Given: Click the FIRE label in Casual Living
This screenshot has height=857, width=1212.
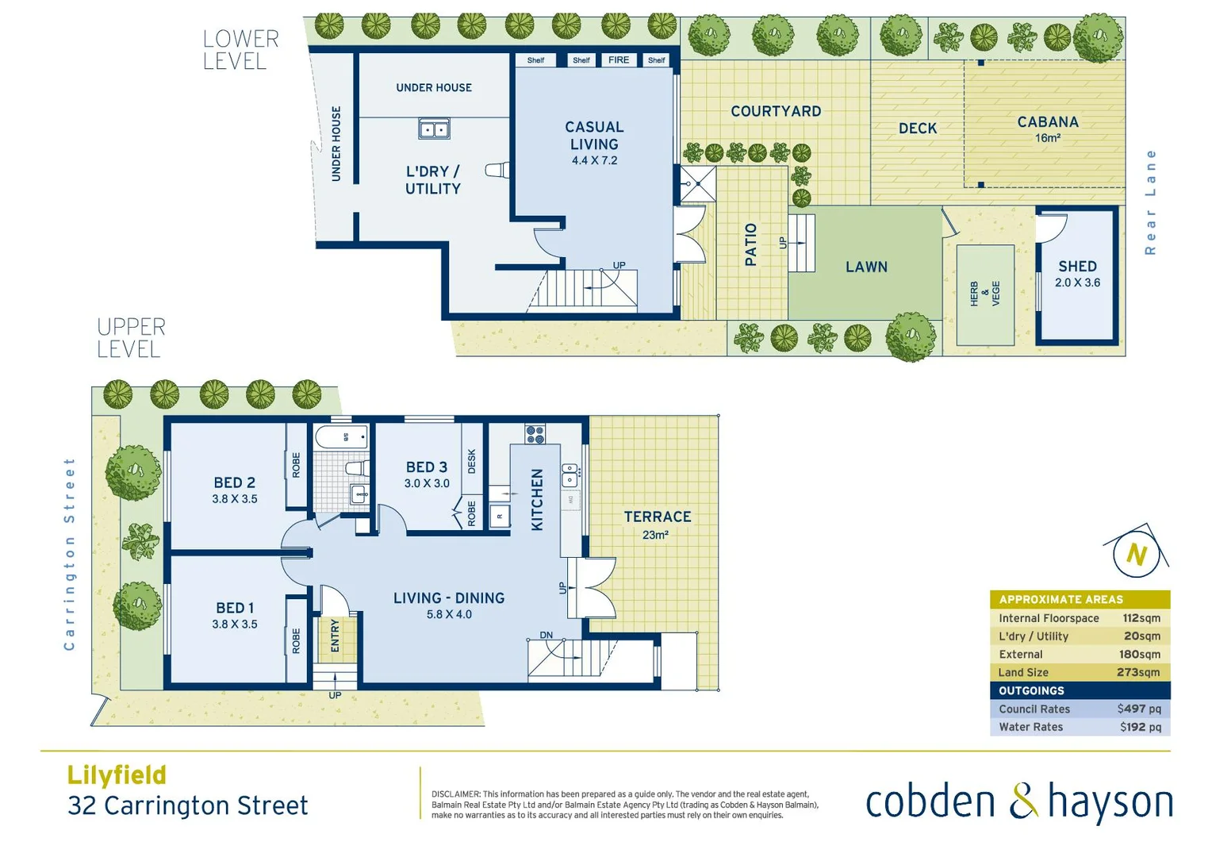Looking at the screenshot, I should click(x=618, y=60).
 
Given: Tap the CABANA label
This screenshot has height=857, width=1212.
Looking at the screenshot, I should click(x=1047, y=122).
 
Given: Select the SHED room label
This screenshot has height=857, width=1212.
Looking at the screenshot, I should click(x=1077, y=267).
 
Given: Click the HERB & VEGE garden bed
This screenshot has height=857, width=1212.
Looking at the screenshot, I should click(x=985, y=294).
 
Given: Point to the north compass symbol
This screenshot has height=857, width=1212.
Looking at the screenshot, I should click(x=1136, y=553).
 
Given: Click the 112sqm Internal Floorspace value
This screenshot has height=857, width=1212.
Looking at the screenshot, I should click(x=1141, y=618).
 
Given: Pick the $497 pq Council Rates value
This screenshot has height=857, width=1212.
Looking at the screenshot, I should click(x=1138, y=709).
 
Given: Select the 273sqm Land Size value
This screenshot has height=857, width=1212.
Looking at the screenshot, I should click(x=1137, y=672).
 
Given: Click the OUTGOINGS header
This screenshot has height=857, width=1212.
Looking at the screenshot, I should click(x=1031, y=690).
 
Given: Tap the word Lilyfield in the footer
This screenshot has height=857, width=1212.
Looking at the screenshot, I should click(x=117, y=774).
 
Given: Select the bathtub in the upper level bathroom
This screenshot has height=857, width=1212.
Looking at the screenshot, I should click(x=341, y=437).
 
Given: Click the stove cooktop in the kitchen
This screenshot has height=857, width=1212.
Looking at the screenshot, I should click(x=535, y=434).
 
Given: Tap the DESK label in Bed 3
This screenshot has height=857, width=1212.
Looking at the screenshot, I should click(x=472, y=461).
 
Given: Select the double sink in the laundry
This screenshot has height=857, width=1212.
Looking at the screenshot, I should click(x=434, y=129).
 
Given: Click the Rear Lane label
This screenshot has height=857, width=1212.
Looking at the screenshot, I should click(x=1150, y=202).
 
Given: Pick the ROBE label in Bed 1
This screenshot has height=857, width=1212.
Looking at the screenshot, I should click(x=296, y=640).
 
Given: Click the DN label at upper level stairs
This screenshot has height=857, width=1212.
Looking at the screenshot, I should click(x=546, y=635).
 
